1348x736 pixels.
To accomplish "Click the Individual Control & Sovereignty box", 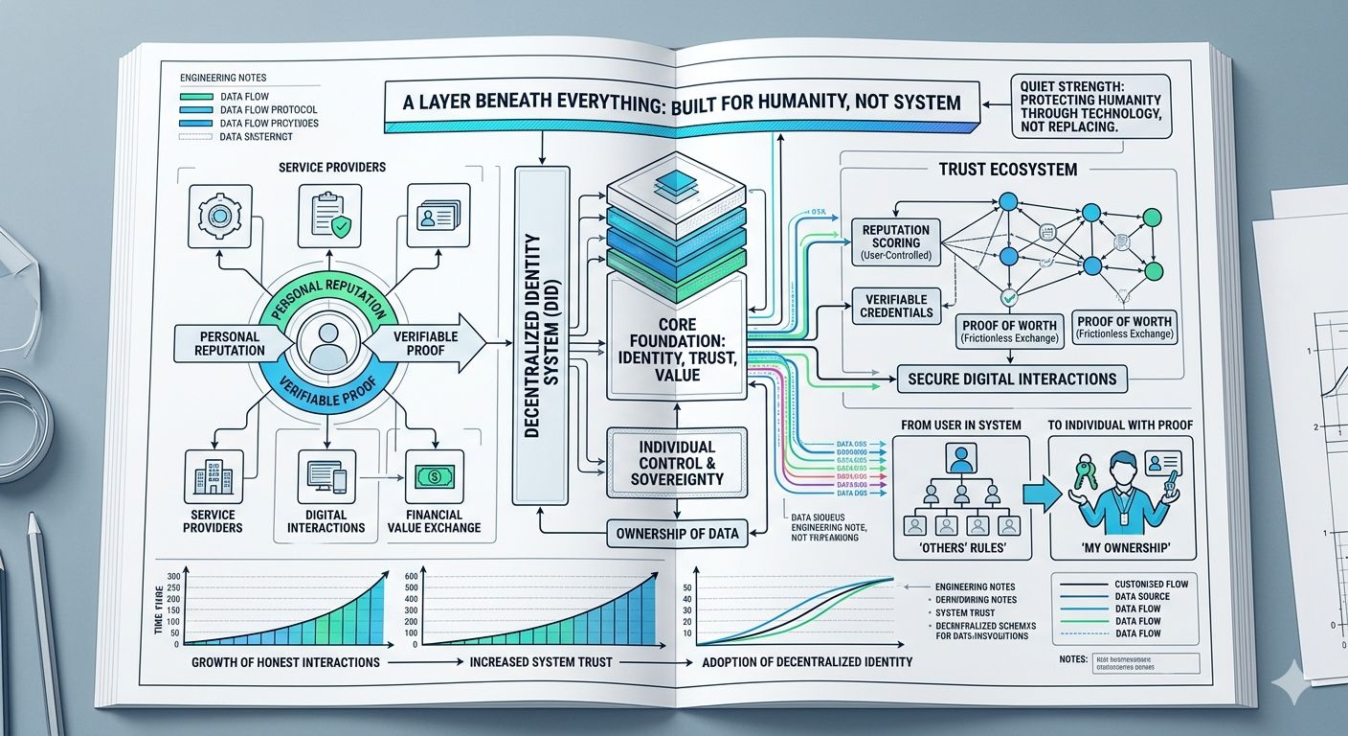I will coord(676,463).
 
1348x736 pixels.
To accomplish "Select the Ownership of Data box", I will coord(676,533).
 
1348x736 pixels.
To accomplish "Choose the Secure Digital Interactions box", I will coord(1012,379).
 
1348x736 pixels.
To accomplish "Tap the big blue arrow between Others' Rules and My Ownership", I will coord(1041,494).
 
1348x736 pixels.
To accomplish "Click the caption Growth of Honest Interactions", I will coord(285,662).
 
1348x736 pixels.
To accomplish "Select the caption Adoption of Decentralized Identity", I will coord(806,662).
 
